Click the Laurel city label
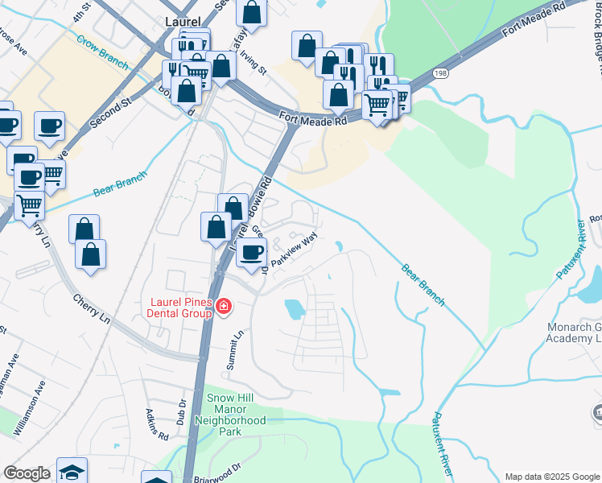(181, 23)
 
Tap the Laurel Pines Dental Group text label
(178, 308)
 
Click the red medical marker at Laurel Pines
(223, 307)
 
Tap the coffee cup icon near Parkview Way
(252, 252)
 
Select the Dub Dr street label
(182, 414)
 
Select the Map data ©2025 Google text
(552, 477)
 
